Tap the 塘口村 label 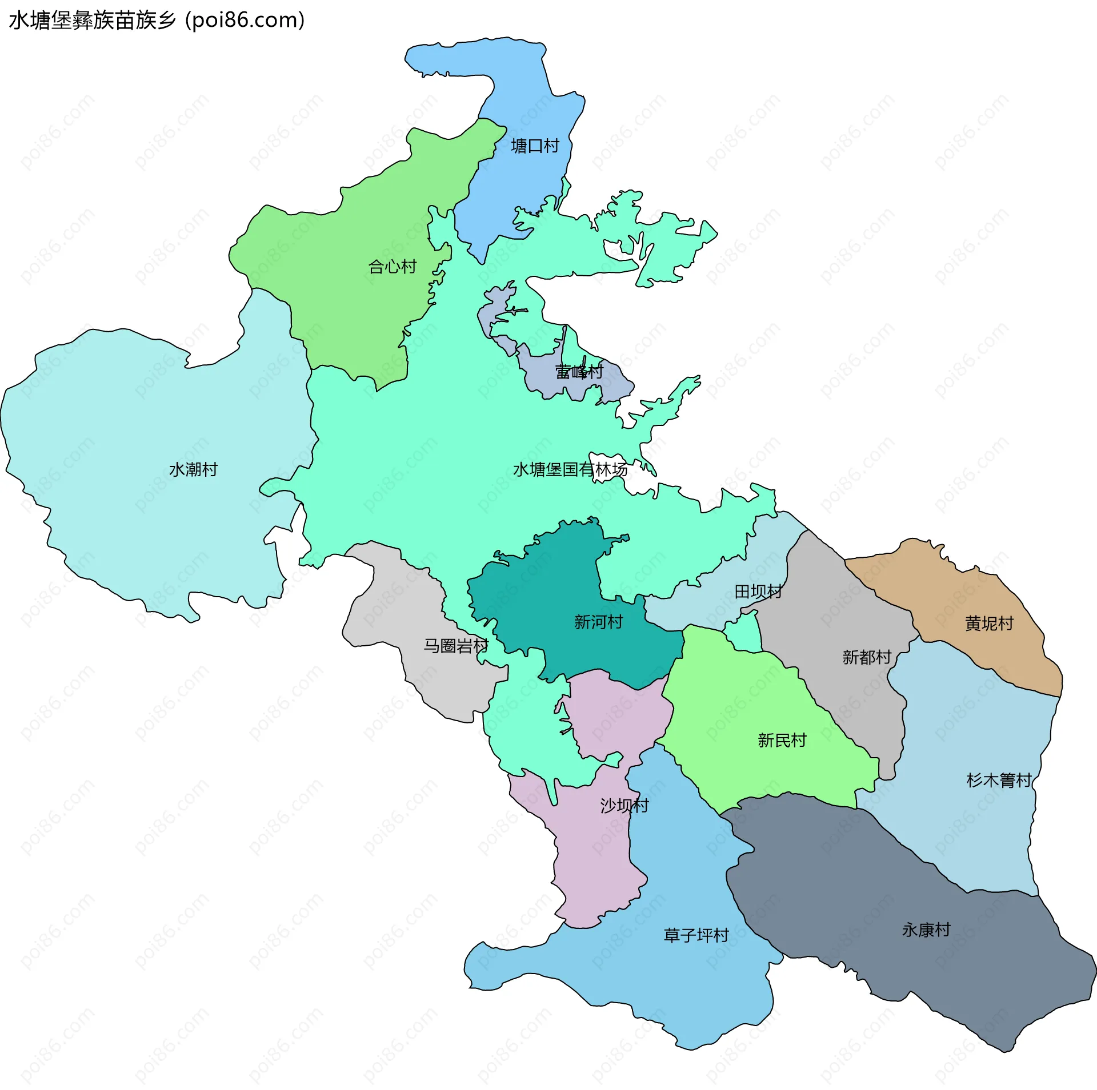[535, 146]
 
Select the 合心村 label [393, 267]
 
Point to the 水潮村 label [194, 469]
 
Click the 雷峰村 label [579, 372]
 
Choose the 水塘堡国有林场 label [570, 469]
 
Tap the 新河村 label [598, 622]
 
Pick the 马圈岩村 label [456, 646]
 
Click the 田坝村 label [758, 592]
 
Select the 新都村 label [867, 657]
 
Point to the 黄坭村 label [989, 624]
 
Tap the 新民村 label [782, 741]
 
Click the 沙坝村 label [624, 806]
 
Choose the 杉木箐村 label [999, 780]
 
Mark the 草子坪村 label [696, 935]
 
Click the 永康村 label [926, 930]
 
